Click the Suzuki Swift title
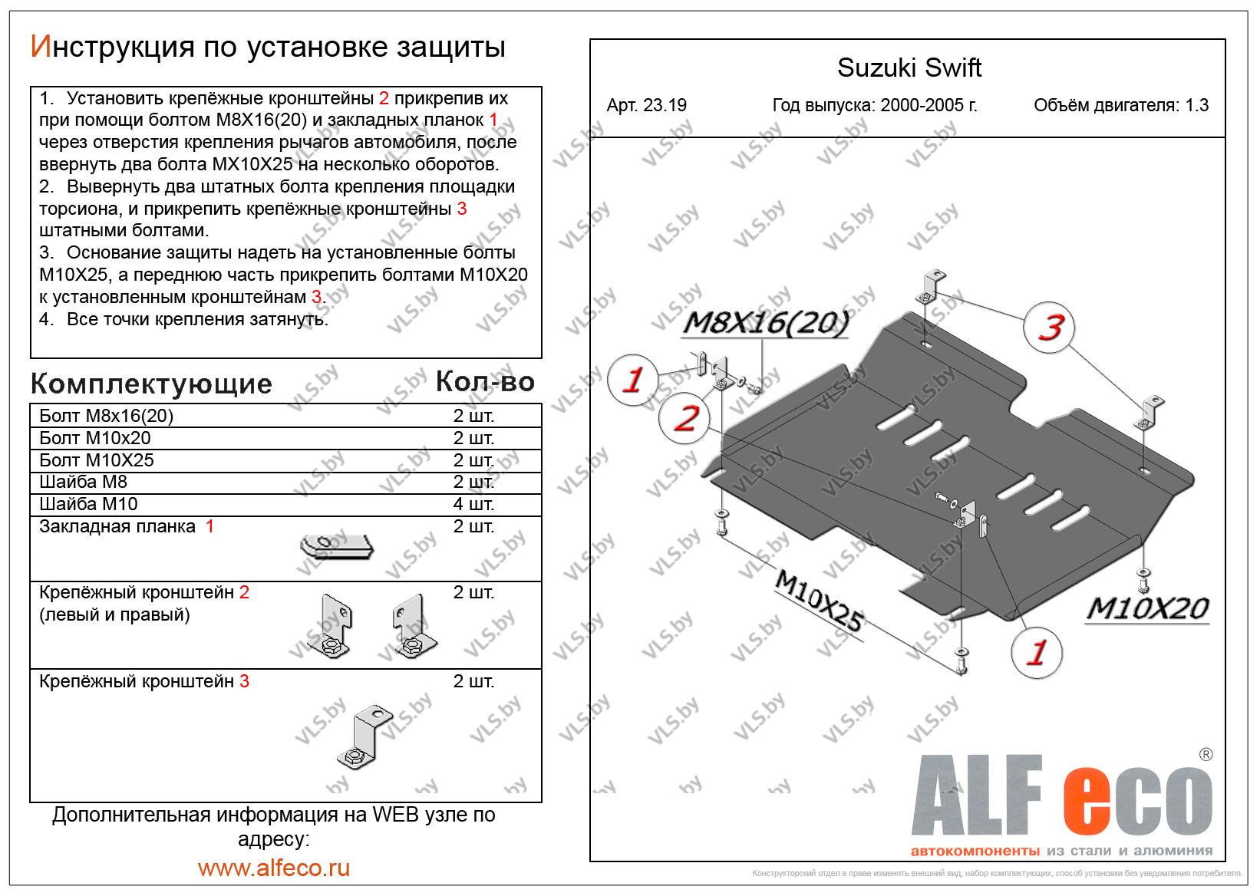(x=909, y=68)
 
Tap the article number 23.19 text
(x=646, y=106)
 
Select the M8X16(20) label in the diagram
(x=765, y=325)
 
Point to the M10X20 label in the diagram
(x=1147, y=609)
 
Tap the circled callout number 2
(x=684, y=419)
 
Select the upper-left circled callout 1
(x=633, y=379)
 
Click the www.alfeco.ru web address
(x=274, y=868)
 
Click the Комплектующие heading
(x=151, y=384)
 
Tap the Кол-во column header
(x=485, y=381)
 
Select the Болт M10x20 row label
(x=95, y=438)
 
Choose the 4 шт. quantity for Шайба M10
(x=473, y=505)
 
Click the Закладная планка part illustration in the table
(x=336, y=546)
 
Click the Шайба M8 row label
(x=84, y=483)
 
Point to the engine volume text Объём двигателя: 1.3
(x=1120, y=106)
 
